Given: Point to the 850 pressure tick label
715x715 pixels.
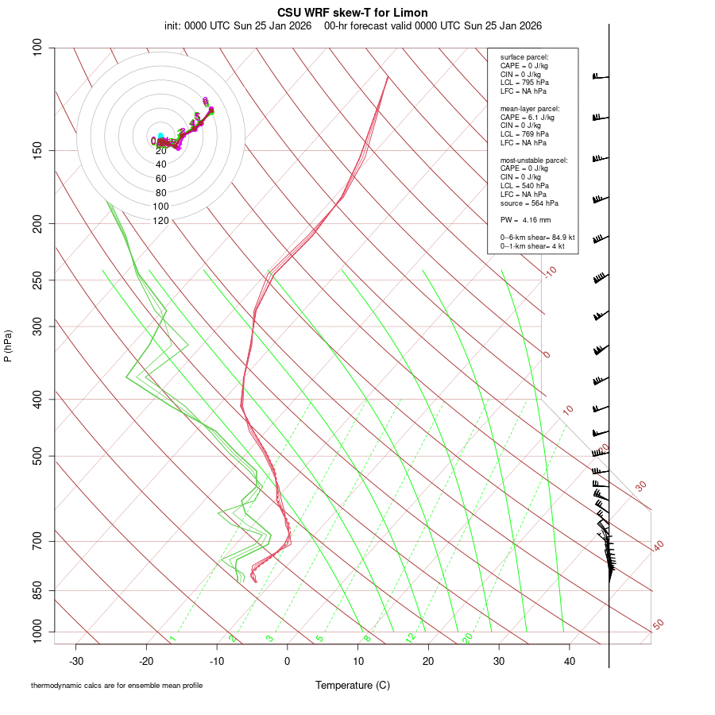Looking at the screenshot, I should (37, 591).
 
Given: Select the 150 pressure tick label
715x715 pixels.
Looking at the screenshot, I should (37, 150).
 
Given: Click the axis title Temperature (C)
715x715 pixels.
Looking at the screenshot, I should (353, 685).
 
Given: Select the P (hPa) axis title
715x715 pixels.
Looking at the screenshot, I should (8, 346).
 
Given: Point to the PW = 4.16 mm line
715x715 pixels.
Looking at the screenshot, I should (525, 219).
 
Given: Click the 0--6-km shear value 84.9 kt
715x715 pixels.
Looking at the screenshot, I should (560, 238).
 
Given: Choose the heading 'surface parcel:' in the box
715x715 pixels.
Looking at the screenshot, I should (524, 57).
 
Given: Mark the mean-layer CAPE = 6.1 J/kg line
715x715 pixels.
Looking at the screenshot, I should (528, 117).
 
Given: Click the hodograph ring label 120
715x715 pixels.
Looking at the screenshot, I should (160, 221).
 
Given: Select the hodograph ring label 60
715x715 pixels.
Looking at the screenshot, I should (160, 178).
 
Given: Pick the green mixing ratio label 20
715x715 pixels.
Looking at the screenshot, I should (468, 638).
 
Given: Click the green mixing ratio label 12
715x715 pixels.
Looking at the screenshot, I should (411, 638).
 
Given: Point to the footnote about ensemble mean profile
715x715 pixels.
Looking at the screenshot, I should (117, 685).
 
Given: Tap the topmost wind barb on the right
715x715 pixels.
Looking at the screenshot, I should (600, 76).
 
